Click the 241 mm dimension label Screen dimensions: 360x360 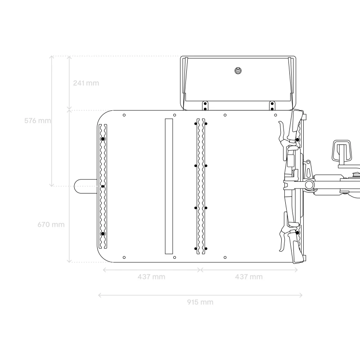86,83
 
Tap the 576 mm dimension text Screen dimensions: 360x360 38,121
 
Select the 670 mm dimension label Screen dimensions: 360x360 51,224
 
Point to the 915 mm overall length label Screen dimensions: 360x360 200,302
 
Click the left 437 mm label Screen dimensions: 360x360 152,277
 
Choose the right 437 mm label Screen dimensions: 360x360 249,277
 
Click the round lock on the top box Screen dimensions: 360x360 238,71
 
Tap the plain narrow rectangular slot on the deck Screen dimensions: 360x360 169,186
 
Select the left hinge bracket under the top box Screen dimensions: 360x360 205,106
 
